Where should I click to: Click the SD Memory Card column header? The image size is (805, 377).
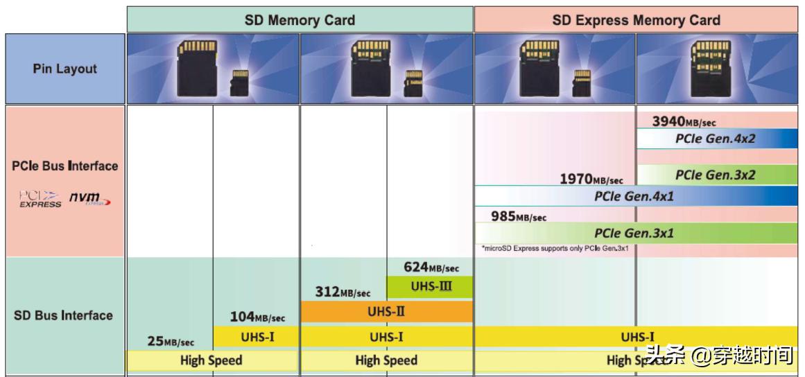[x=300, y=20]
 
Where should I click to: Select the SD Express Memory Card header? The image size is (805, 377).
[x=636, y=20]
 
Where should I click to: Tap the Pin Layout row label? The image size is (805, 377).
[x=65, y=69]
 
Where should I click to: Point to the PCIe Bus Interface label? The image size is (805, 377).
[x=65, y=166]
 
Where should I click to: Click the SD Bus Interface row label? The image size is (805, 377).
[x=63, y=315]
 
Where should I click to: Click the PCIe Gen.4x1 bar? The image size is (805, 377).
[x=634, y=196]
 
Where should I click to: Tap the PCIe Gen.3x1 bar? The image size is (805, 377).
[x=634, y=233]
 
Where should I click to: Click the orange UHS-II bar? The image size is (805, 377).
[x=386, y=312]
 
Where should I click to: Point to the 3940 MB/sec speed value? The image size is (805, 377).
[x=683, y=122]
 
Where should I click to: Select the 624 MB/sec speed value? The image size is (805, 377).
[x=431, y=268]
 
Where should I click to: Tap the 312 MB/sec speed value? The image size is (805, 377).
[x=343, y=292]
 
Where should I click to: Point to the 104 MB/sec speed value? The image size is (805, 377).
[x=257, y=317]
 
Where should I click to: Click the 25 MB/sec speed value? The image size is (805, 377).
[x=171, y=342]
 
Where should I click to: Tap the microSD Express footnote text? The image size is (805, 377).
[x=555, y=248]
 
